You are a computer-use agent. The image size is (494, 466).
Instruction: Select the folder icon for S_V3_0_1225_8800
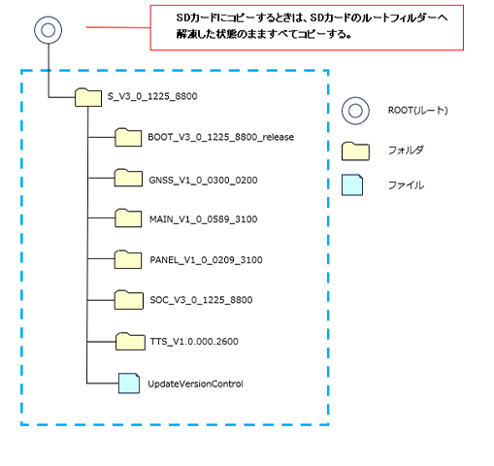click(88, 97)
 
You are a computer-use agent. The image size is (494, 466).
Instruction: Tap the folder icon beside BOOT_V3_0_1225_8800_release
click(128, 137)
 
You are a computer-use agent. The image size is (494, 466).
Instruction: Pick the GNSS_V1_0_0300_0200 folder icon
click(128, 178)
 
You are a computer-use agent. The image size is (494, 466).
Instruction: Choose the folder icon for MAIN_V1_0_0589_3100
click(128, 217)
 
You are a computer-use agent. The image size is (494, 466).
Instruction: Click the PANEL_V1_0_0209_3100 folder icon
click(128, 259)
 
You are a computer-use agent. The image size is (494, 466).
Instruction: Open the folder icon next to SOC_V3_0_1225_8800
click(129, 300)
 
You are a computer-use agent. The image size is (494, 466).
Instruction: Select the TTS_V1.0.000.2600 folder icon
click(130, 341)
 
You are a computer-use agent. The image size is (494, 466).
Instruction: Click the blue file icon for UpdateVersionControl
click(129, 383)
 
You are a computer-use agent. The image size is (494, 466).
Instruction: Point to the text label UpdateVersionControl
click(195, 383)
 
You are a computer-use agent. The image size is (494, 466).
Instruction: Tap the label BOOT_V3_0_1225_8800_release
click(221, 137)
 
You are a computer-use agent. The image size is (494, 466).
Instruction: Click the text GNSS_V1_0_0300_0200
click(203, 180)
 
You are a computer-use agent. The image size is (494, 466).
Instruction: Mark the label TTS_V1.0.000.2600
click(194, 341)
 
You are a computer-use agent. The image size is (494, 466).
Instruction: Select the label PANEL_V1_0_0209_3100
click(206, 259)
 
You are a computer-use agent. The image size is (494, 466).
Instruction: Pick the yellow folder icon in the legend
click(355, 151)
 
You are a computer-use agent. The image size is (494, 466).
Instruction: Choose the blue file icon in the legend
click(352, 184)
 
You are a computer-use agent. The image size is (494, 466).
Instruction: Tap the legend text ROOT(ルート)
click(418, 111)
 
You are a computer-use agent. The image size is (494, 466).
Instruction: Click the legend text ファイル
click(406, 185)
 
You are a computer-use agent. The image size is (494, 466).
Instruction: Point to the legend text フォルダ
click(406, 150)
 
